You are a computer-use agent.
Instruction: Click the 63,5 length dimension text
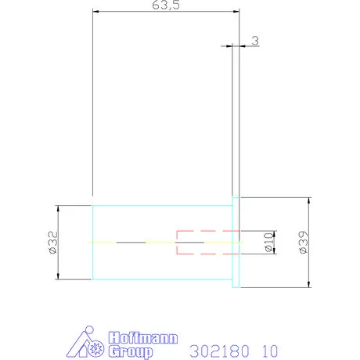tap(166, 5)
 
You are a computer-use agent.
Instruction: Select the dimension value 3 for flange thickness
tap(255, 41)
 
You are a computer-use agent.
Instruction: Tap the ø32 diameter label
tap(53, 242)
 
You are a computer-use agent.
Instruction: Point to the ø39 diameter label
tap(304, 242)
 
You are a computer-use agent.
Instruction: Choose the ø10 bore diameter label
tap(268, 242)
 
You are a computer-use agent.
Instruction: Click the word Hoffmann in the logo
tap(143, 338)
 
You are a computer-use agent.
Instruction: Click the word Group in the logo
tap(131, 352)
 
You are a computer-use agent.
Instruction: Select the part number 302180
tap(219, 351)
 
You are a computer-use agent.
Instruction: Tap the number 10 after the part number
tap(270, 351)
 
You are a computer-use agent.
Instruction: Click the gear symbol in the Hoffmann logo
tap(95, 348)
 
